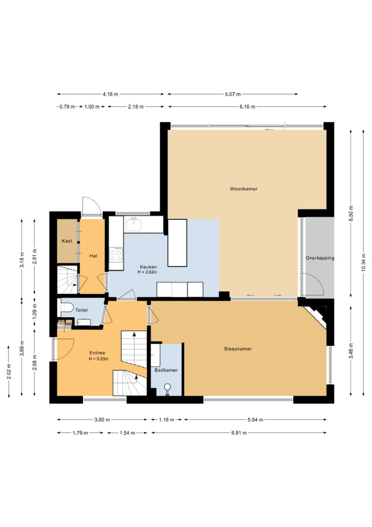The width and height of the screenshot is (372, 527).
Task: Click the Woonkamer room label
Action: point(244,189)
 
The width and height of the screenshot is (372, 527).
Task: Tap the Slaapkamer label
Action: point(238,349)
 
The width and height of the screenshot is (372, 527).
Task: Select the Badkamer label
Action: point(166,370)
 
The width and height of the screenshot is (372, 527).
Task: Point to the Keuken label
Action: point(148,267)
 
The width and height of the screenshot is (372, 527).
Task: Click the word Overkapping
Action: point(320,258)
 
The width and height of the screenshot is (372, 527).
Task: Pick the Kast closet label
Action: point(67,241)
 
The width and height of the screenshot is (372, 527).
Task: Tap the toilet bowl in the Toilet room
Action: point(67,307)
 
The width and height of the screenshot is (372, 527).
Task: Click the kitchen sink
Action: point(134,225)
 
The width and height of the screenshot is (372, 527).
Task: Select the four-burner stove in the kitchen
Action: point(116,254)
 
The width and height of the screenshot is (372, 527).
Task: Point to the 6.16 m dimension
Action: point(247,107)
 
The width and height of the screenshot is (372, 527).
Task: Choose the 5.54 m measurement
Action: point(255,419)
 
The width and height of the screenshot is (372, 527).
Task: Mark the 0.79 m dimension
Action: point(67,107)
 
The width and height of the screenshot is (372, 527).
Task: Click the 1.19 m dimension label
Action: point(166,419)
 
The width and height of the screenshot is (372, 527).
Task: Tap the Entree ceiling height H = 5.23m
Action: point(99,359)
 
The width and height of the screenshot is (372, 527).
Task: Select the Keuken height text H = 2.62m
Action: point(147,272)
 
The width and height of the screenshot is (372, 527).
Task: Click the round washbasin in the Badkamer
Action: point(167,387)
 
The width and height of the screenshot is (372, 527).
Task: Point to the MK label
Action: point(68,324)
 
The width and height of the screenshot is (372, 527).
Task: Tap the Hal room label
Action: point(93,256)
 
